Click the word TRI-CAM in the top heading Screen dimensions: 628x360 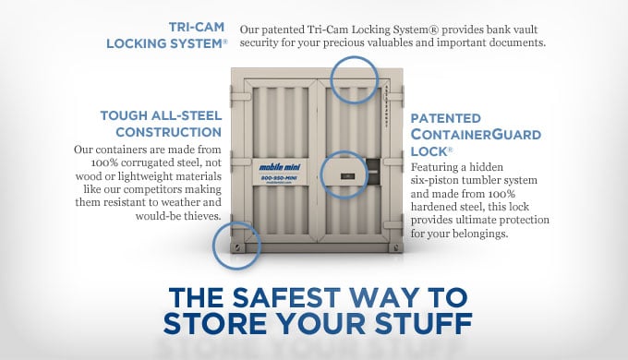coord(196,27)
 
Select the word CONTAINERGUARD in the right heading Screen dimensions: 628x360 coord(476,135)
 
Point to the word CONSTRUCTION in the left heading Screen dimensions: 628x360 coord(168,132)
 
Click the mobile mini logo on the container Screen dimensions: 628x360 coord(280,167)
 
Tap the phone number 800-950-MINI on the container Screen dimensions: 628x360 coord(279,177)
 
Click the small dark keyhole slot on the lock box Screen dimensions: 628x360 coord(347,175)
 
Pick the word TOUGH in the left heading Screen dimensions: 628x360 coord(123,115)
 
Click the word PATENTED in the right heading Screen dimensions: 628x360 coord(445,118)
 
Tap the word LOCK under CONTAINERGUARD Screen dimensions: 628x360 coord(429,151)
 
